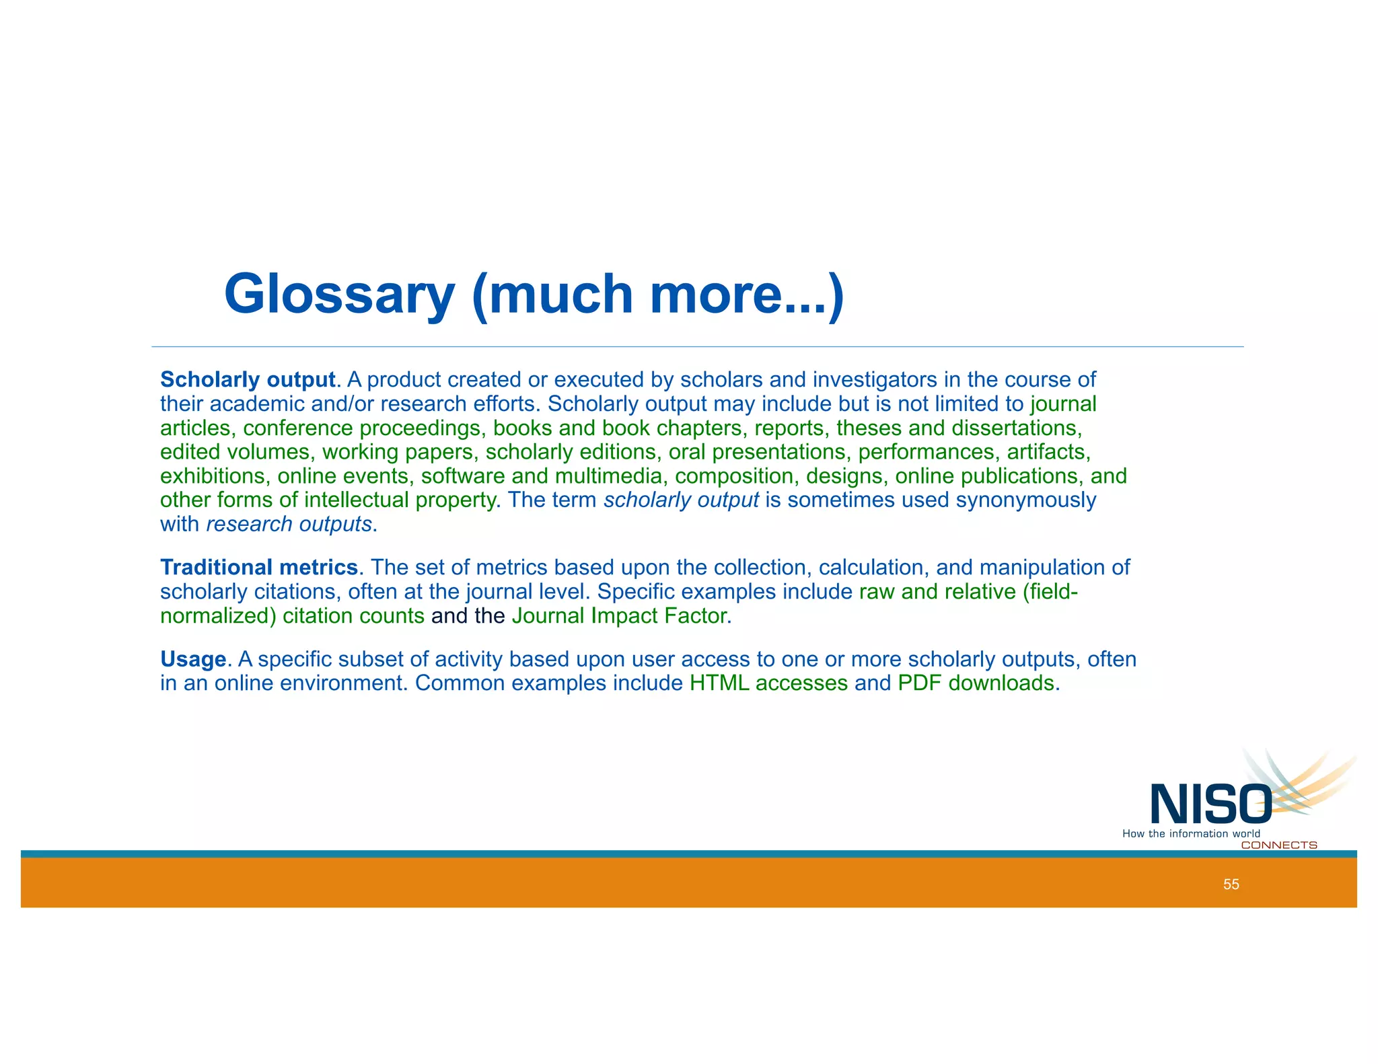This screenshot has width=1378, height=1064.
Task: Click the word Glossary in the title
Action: (x=339, y=295)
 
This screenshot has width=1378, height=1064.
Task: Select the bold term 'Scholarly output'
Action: (x=248, y=380)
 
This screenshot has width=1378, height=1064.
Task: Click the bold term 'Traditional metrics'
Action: (x=259, y=568)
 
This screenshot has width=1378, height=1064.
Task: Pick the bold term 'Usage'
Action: (x=193, y=659)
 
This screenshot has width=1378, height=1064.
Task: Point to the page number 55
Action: (x=1231, y=884)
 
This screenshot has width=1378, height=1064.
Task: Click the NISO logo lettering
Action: (x=1210, y=804)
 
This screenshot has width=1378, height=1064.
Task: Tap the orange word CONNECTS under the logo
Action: (x=1278, y=845)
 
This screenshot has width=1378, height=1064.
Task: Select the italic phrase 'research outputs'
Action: (x=289, y=524)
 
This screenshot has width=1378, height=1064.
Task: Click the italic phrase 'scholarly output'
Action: (x=681, y=500)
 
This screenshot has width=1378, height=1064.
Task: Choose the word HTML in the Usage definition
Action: (x=719, y=683)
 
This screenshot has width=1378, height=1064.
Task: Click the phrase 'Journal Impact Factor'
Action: (x=620, y=616)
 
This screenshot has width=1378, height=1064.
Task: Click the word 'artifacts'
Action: (x=1048, y=452)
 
